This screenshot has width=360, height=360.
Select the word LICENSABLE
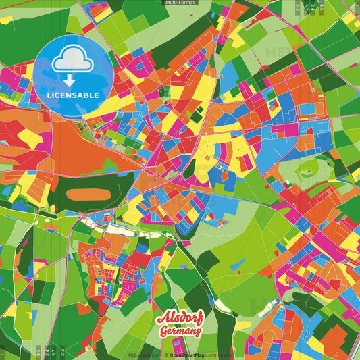(72, 95)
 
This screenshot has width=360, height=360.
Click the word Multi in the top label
(172, 3)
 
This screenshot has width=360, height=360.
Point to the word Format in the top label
(187, 3)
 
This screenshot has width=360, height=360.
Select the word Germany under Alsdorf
(180, 332)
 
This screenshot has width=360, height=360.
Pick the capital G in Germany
(165, 332)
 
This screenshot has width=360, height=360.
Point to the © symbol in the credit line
(166, 354)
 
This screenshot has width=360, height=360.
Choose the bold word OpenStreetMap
(186, 354)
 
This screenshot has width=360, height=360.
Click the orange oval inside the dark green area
(88, 194)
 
